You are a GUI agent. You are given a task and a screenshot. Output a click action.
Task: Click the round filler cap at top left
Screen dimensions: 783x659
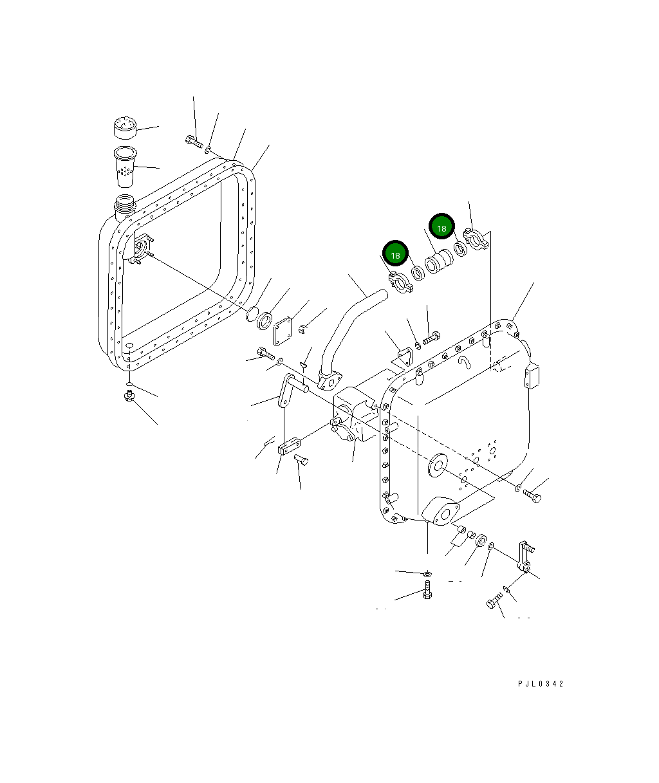click(x=125, y=127)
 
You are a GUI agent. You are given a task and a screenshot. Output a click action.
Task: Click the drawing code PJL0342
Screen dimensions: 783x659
click(x=540, y=684)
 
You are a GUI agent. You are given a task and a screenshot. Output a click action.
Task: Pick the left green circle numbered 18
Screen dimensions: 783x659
click(x=395, y=255)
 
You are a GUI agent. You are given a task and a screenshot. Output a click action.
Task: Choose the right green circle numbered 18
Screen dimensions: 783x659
click(x=441, y=228)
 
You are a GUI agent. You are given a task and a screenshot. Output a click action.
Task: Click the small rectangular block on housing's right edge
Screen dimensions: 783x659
click(x=532, y=377)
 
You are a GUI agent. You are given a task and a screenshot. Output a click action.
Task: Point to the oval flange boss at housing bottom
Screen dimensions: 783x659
click(x=441, y=510)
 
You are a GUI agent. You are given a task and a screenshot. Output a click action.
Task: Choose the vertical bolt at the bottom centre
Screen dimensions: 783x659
click(x=427, y=590)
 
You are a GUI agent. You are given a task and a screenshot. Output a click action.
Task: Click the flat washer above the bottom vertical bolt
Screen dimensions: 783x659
click(x=427, y=573)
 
